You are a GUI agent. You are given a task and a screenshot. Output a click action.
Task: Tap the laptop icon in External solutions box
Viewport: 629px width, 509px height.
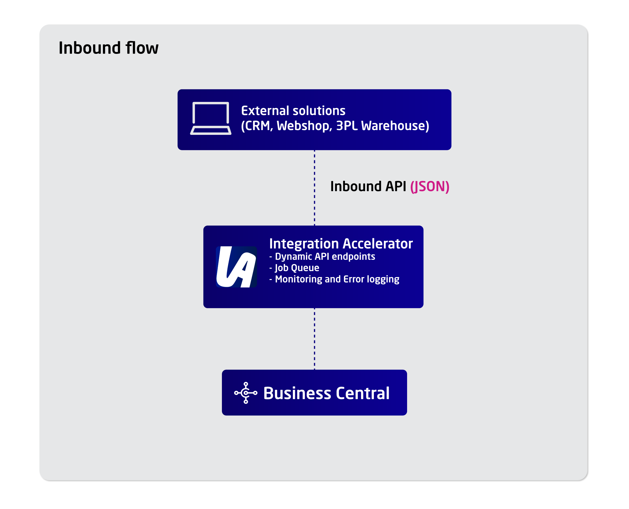pyautogui.click(x=211, y=119)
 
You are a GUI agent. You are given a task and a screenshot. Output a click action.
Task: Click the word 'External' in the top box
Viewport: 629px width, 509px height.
pyautogui.click(x=265, y=111)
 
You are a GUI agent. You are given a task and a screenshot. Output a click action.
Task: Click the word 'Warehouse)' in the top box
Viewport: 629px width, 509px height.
pyautogui.click(x=395, y=126)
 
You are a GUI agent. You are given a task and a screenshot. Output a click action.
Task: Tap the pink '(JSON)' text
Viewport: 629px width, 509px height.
pyautogui.click(x=429, y=186)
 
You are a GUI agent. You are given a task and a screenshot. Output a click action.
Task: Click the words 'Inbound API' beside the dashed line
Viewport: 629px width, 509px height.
pyautogui.click(x=368, y=186)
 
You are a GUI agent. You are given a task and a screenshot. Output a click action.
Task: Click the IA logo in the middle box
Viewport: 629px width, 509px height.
pyautogui.click(x=236, y=266)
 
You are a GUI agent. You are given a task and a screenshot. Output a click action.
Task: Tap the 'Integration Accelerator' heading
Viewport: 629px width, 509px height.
pyautogui.click(x=341, y=244)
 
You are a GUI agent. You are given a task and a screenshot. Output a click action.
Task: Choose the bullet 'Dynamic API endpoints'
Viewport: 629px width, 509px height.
pyautogui.click(x=325, y=257)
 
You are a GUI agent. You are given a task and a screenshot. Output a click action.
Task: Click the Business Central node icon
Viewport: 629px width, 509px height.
pyautogui.click(x=246, y=393)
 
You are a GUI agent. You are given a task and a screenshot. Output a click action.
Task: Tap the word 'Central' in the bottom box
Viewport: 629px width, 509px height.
pyautogui.click(x=363, y=393)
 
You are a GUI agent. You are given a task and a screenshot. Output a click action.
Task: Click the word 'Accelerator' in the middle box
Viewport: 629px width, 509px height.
pyautogui.click(x=377, y=244)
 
